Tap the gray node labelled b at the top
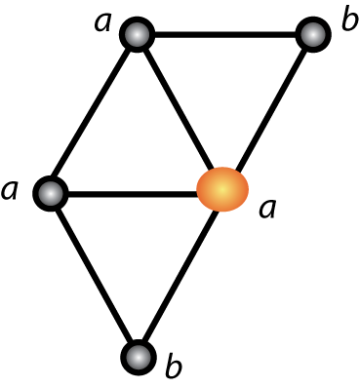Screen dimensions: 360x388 (312, 36)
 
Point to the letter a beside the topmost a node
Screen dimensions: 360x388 (103, 21)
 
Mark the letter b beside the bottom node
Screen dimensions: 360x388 (174, 369)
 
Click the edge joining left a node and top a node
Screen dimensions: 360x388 (94, 114)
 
